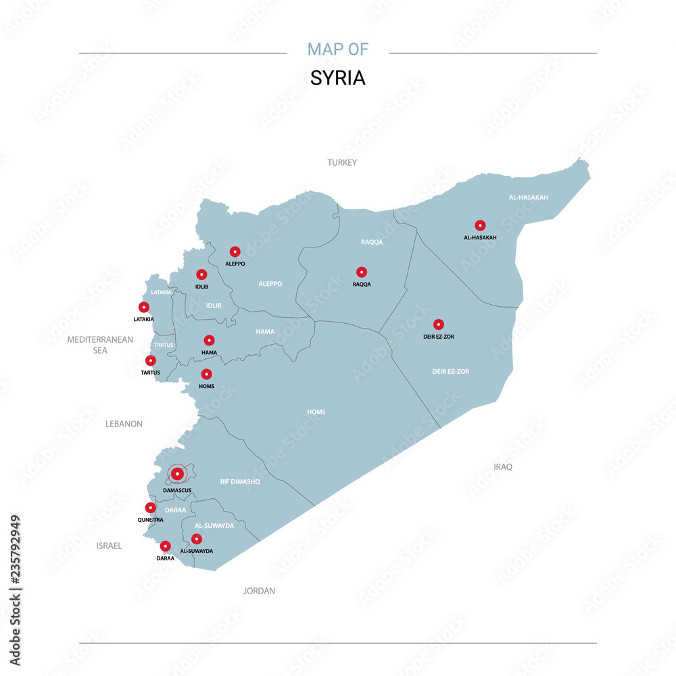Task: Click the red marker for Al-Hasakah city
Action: [480, 225]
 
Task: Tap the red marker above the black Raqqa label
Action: [362, 272]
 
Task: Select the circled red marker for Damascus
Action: [177, 474]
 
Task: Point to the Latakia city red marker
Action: [144, 308]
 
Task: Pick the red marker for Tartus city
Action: [151, 360]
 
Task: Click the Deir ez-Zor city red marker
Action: [438, 324]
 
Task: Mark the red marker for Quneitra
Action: [151, 508]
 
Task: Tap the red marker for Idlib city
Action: [201, 274]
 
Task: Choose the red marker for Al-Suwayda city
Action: [197, 539]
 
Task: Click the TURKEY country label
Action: [342, 163]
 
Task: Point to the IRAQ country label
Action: [503, 467]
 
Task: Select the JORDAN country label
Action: [260, 591]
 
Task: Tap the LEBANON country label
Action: [124, 424]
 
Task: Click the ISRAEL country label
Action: [109, 546]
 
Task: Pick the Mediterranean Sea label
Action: [100, 345]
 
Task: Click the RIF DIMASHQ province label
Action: [240, 482]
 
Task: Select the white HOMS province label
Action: [316, 412]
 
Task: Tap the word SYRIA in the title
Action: [338, 78]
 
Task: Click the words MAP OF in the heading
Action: [338, 49]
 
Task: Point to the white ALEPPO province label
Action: [270, 284]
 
